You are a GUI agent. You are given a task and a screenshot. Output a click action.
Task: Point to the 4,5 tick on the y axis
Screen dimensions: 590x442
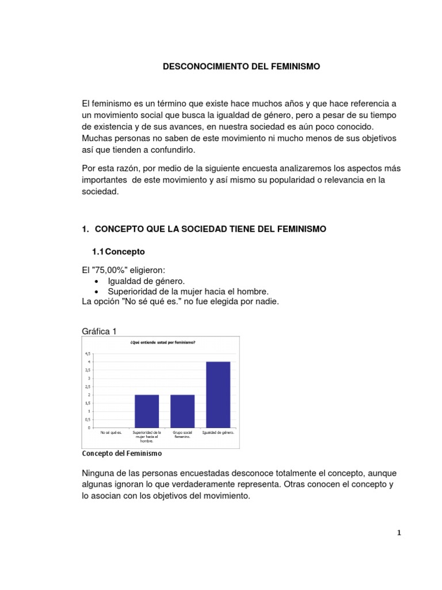pos(88,353)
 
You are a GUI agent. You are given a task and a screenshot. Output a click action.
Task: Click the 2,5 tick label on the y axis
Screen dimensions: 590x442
pos(88,387)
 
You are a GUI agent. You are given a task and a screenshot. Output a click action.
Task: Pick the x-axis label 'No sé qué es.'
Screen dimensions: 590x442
pos(111,432)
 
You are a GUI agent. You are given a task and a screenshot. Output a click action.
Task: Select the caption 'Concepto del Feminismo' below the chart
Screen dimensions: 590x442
pos(123,453)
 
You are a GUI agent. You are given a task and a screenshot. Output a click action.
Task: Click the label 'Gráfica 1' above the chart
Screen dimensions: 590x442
pos(100,331)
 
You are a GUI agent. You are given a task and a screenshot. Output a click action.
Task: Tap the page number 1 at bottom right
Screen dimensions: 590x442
pos(399,533)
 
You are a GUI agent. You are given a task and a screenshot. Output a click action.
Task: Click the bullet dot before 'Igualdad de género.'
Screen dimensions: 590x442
pos(96,281)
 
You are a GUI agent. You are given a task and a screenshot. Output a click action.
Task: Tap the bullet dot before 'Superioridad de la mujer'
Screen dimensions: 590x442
pos(96,292)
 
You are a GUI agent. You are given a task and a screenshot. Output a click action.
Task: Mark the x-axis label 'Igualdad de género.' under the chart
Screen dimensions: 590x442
pos(218,432)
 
